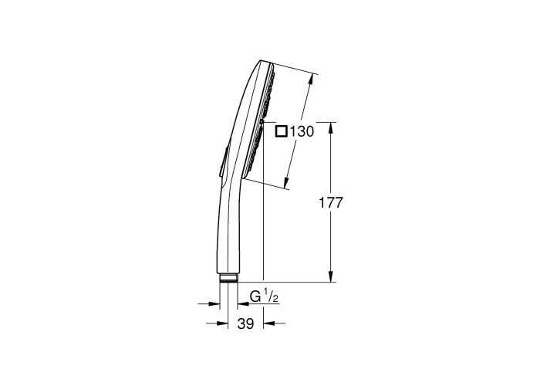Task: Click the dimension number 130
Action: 302,132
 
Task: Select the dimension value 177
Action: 331,203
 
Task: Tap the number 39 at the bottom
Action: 246,323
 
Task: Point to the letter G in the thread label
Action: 255,296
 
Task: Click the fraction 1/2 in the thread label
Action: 271,296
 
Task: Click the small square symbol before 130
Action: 282,131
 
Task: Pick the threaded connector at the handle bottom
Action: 228,279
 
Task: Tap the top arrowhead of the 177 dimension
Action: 331,127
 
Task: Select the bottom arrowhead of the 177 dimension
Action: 331,276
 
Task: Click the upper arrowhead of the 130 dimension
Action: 311,79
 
